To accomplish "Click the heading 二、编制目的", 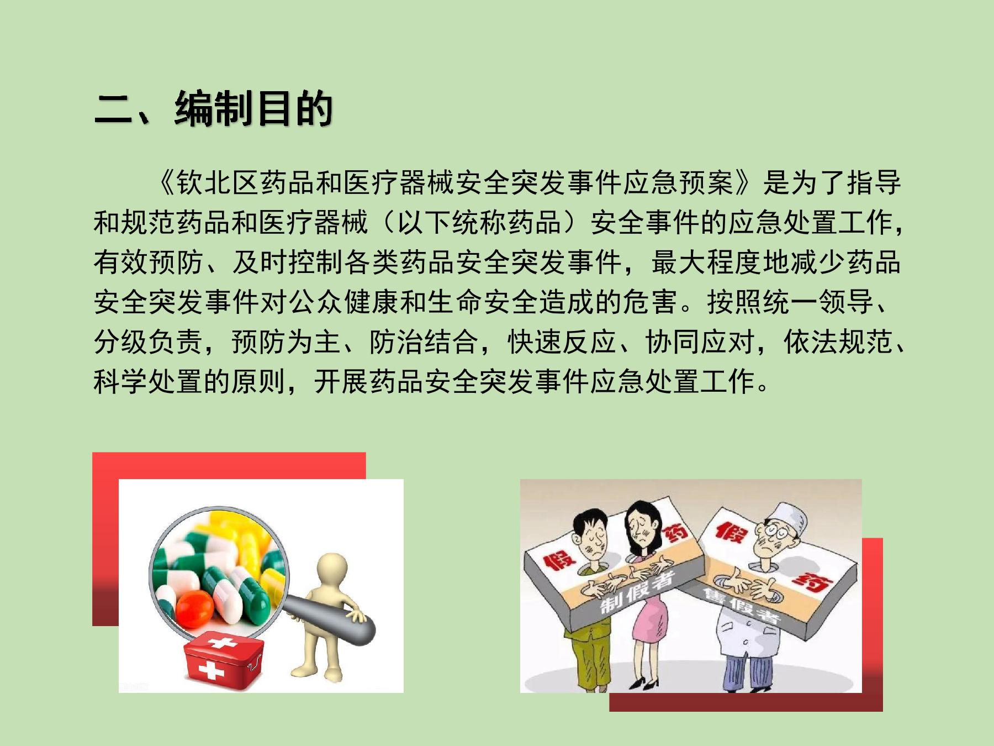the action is (213, 108).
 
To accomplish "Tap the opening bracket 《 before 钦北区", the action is (165, 183).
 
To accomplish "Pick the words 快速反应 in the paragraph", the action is (562, 342).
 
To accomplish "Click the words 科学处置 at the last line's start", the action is (148, 381).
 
